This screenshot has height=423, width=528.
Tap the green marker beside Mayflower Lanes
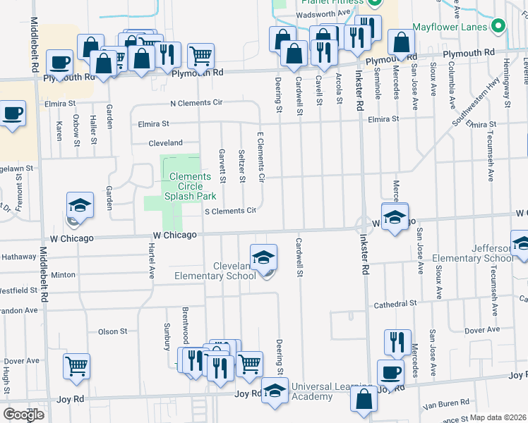click(x=498, y=26)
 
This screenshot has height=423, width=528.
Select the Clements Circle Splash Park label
click(x=189, y=187)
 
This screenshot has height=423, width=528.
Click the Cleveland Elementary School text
click(x=234, y=271)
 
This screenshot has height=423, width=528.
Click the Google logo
click(x=23, y=415)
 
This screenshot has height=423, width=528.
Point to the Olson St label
click(x=112, y=331)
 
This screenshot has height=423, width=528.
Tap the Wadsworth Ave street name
click(x=324, y=13)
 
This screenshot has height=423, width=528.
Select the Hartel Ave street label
click(x=151, y=258)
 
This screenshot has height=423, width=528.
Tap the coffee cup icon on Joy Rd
click(x=390, y=372)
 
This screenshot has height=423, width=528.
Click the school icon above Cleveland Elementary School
click(x=263, y=257)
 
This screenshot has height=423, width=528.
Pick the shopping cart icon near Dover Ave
click(x=76, y=365)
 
